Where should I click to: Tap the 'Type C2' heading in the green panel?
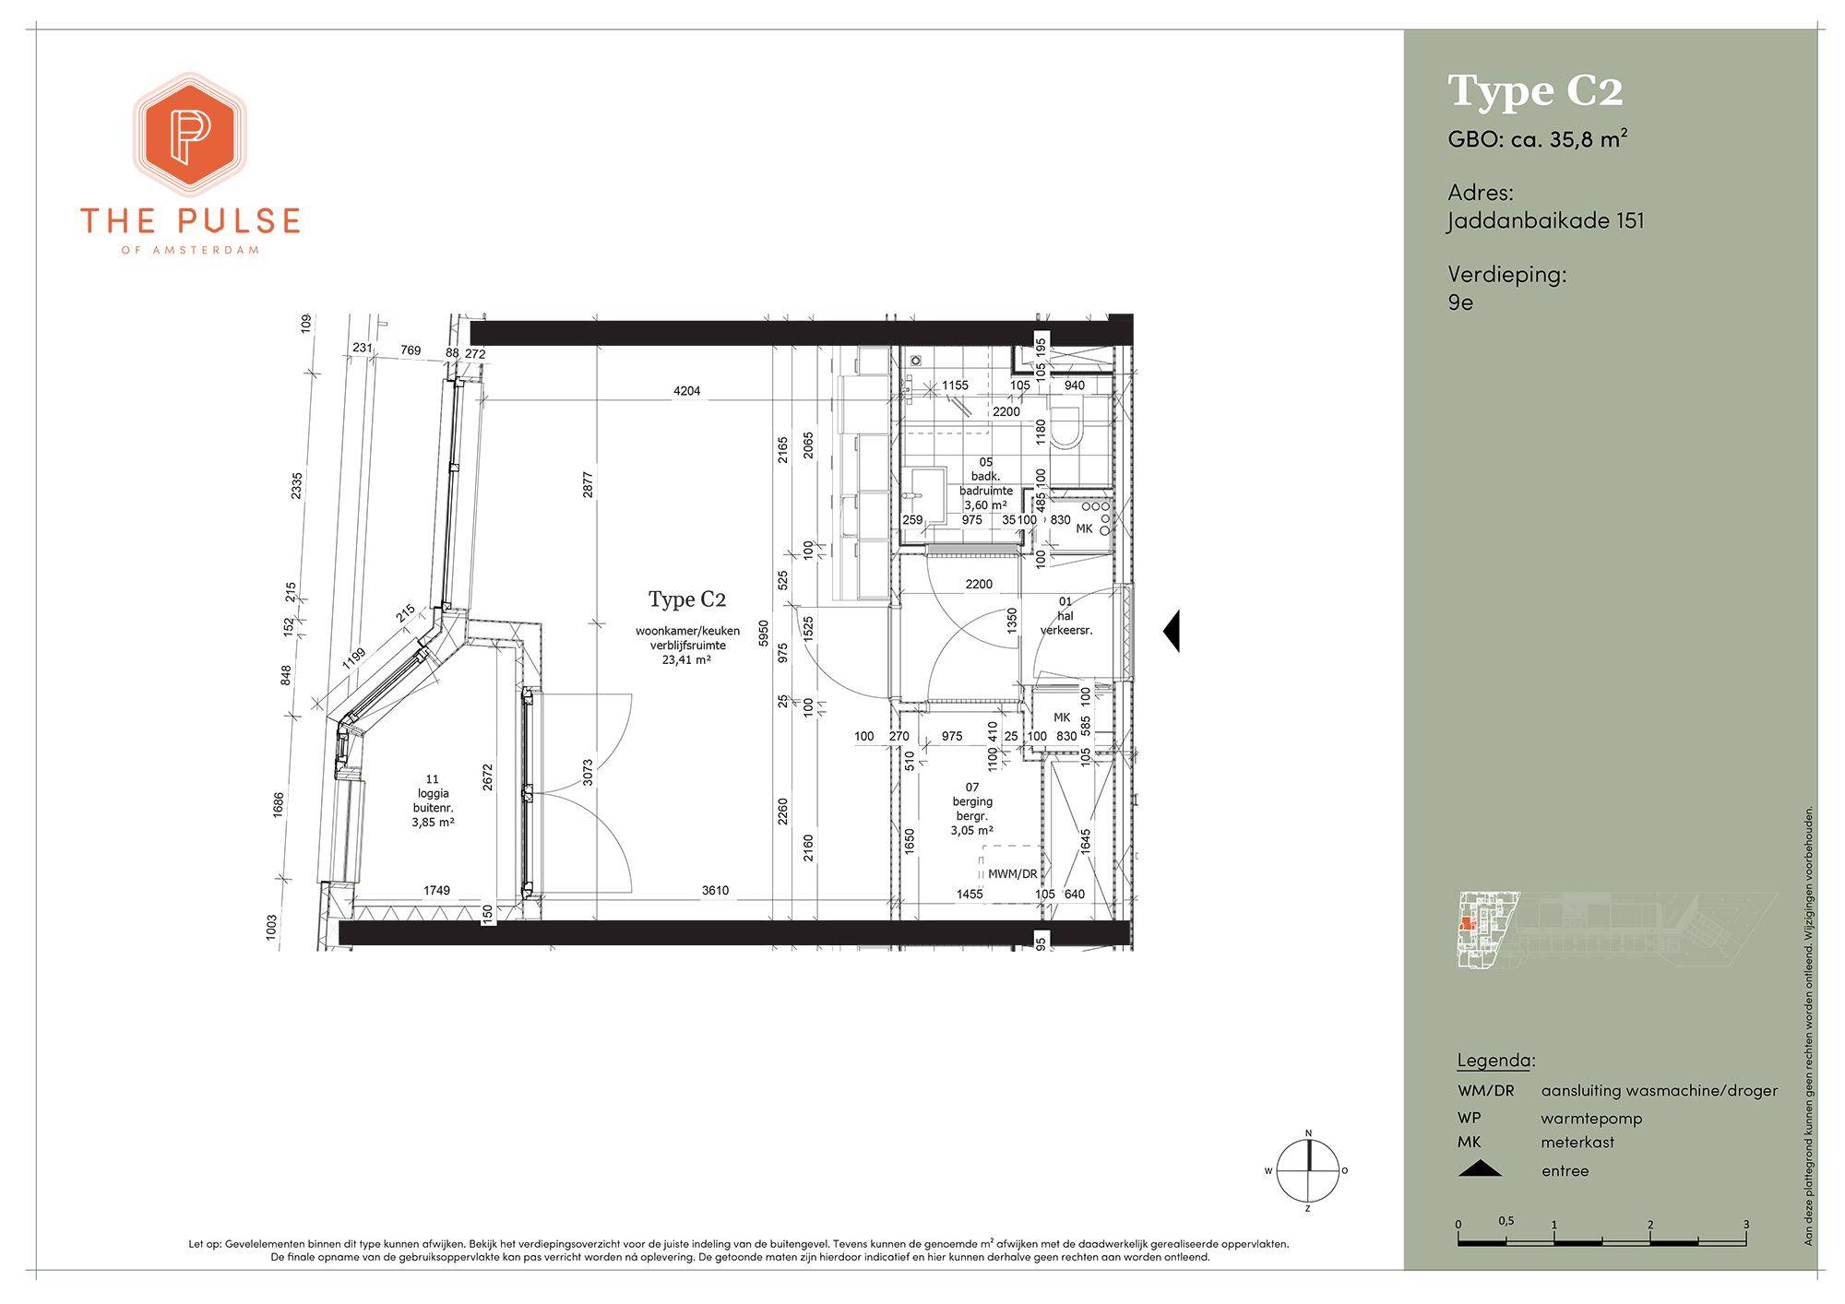tap(1535, 91)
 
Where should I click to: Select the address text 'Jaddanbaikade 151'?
tap(1546, 221)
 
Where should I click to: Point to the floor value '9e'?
tap(1460, 302)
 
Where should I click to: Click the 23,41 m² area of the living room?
tap(686, 660)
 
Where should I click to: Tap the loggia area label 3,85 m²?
tap(433, 823)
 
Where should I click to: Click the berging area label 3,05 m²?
tap(972, 831)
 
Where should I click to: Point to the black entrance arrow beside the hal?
tap(1171, 631)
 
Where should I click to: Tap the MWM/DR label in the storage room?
tap(1012, 874)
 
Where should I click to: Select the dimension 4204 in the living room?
tap(687, 391)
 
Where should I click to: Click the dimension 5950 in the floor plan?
tap(763, 634)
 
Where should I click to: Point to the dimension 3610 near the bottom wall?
tap(715, 891)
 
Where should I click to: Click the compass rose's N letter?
tap(1308, 1133)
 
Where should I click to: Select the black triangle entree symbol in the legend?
tap(1480, 1169)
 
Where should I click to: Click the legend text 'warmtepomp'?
tap(1591, 1119)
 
